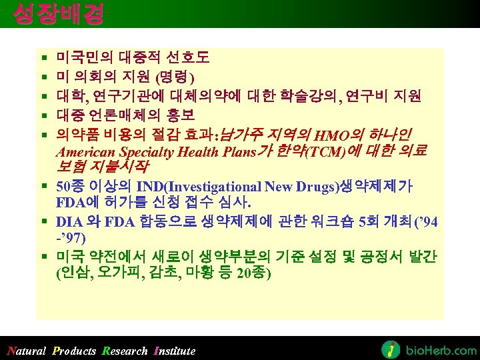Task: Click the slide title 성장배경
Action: (59, 13)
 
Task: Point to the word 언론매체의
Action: (123, 115)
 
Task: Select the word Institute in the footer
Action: (175, 351)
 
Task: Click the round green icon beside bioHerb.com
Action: (391, 349)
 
